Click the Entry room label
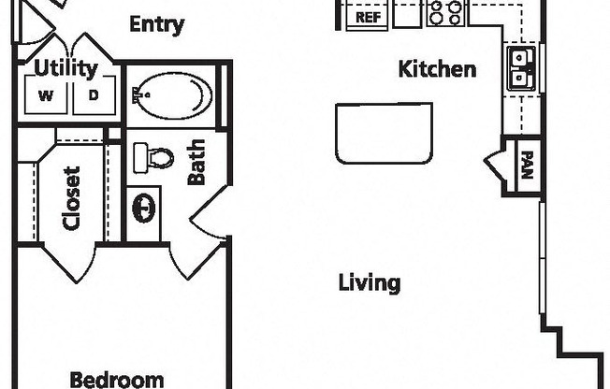coord(156,24)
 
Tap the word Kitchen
coord(437,68)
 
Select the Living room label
coord(370,282)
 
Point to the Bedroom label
coord(117,379)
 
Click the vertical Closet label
coord(71,198)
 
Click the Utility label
coord(65,68)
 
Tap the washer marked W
coord(45,94)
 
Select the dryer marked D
coord(94,94)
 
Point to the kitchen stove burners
coord(445,13)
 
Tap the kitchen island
coord(384,133)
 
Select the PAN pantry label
coord(527,165)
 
